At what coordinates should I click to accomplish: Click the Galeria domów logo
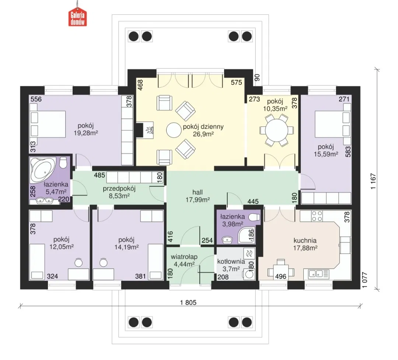[77, 18]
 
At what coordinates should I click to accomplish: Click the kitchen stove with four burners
[317, 216]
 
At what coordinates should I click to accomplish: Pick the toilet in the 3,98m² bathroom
[254, 217]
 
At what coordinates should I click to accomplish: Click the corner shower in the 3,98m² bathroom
[247, 235]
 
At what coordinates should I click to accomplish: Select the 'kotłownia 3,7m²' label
[231, 265]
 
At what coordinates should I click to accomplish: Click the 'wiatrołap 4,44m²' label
[184, 261]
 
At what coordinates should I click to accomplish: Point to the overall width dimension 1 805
[188, 303]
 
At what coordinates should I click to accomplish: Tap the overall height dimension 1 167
[373, 181]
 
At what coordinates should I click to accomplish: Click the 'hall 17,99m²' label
[198, 196]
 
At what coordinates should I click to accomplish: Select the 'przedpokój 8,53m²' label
[119, 192]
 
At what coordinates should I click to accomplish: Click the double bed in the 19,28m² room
[48, 124]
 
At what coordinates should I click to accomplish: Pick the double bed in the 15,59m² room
[333, 124]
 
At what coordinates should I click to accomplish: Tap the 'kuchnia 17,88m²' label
[305, 244]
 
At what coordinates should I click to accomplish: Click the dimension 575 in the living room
[236, 82]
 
